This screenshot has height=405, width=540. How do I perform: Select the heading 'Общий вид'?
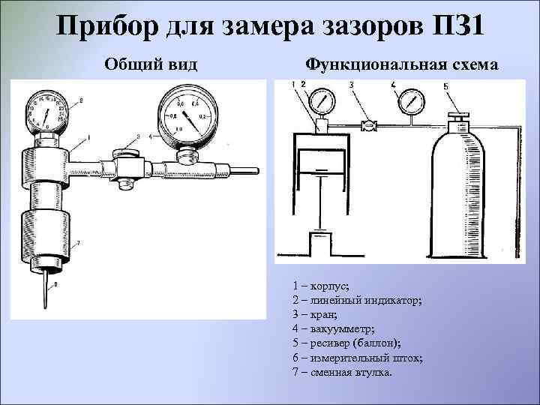pyautogui.click(x=151, y=64)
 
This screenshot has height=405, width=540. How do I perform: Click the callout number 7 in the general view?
pyautogui.click(x=79, y=243)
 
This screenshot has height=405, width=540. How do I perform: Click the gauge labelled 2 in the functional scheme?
pyautogui.click(x=323, y=100)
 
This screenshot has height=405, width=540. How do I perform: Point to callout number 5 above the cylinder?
pyautogui.click(x=446, y=87)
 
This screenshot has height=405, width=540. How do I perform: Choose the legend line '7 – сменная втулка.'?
pyautogui.click(x=342, y=372)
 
